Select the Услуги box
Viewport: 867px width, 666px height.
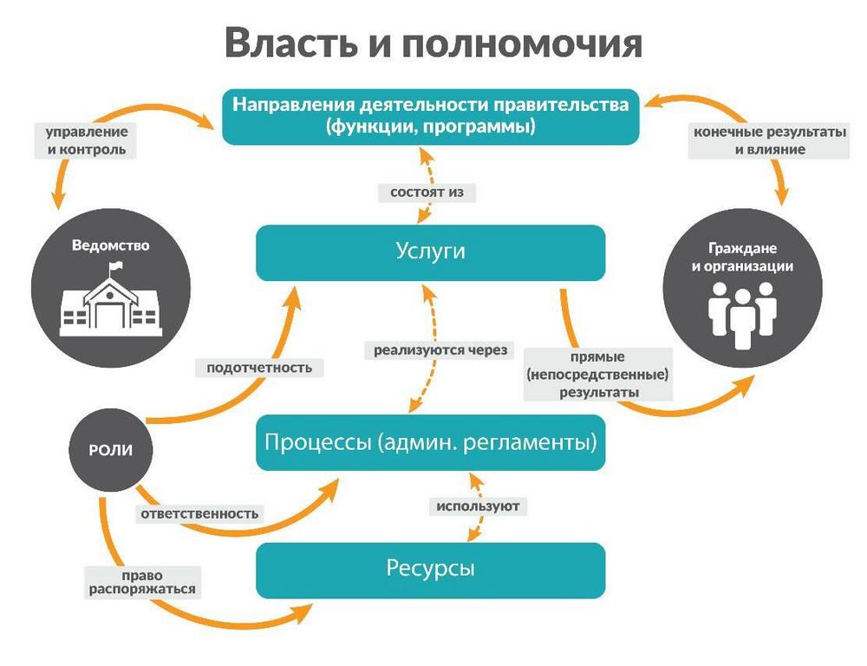tap(430, 251)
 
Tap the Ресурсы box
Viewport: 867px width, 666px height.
tap(430, 570)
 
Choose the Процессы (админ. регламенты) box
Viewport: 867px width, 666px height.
tap(430, 442)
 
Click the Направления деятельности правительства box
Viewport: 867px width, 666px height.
tap(430, 116)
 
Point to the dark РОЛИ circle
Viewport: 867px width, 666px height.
tap(109, 449)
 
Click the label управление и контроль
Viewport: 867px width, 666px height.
tap(87, 140)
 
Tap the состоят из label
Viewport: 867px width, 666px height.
tap(427, 192)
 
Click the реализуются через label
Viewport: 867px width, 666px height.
tap(440, 350)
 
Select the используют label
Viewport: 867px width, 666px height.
tap(479, 505)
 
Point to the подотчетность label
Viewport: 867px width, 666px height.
tap(259, 367)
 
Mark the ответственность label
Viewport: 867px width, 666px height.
tap(199, 513)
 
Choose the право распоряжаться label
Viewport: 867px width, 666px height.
tap(142, 582)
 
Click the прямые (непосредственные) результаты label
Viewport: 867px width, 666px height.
tap(597, 374)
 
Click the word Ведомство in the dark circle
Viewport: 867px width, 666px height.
tap(110, 245)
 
